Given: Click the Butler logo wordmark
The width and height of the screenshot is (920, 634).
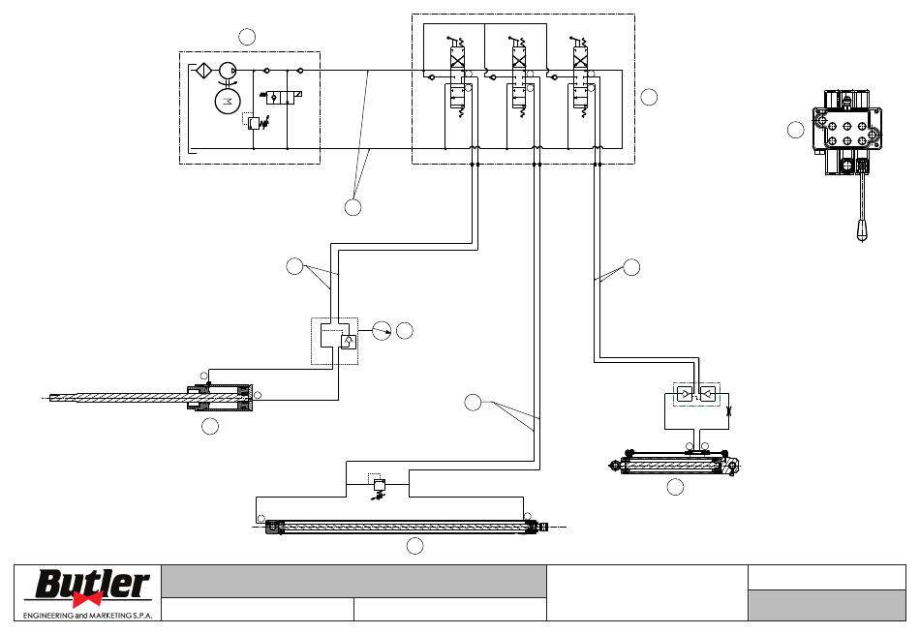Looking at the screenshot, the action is (93, 584).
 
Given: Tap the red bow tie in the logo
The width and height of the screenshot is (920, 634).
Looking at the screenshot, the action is (87, 599).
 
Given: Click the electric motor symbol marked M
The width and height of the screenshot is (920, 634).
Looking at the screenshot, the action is (228, 101).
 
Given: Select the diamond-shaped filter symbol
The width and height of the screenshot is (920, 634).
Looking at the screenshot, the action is (203, 71).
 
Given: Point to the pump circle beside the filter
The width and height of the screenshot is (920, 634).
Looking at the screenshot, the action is (228, 71).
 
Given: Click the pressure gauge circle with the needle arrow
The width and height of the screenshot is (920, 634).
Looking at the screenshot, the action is (382, 331).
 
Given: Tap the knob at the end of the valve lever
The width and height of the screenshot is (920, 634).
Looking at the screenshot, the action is (862, 231).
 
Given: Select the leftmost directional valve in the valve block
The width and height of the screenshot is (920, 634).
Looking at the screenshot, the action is (458, 76).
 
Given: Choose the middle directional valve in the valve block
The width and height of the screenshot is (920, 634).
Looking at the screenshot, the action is (519, 76).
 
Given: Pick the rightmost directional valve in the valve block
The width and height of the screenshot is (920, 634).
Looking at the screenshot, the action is (580, 76).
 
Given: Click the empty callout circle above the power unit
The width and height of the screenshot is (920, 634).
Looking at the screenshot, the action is (247, 37).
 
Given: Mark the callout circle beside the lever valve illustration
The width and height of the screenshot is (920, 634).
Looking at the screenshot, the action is (796, 130).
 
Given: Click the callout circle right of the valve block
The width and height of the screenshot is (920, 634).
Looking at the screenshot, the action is (649, 97).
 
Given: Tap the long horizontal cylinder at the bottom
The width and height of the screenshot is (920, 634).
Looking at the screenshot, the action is (407, 527).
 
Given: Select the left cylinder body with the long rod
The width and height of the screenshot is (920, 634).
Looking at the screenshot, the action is (220, 398).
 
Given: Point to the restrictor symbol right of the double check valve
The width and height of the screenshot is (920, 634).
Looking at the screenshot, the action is (728, 411).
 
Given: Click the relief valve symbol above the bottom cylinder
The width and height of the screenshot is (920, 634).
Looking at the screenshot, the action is (379, 486).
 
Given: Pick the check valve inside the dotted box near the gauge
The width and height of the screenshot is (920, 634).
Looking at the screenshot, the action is (349, 341).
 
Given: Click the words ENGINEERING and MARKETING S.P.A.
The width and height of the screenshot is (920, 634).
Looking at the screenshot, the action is (87, 616).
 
